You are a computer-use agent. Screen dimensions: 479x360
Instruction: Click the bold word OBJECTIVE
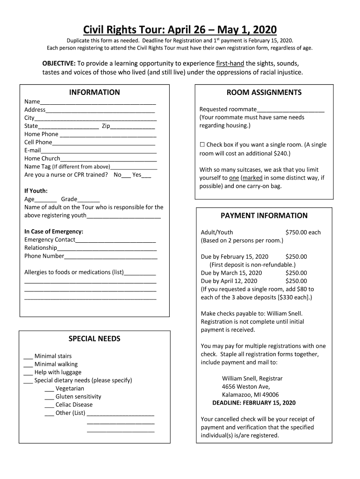click(59, 64)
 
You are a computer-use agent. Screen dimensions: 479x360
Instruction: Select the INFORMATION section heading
click(94, 93)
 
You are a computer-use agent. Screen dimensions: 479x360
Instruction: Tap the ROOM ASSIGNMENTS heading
click(264, 93)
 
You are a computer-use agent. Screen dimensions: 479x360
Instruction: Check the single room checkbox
click(202, 145)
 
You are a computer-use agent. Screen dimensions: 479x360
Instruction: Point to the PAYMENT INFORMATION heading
click(264, 216)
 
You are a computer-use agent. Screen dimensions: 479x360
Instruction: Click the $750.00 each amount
click(302, 232)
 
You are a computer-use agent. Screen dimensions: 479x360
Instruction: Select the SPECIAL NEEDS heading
click(94, 339)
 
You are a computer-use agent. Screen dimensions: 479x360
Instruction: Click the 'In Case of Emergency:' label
click(54, 232)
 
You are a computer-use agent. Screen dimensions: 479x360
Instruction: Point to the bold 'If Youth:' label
click(36, 191)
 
